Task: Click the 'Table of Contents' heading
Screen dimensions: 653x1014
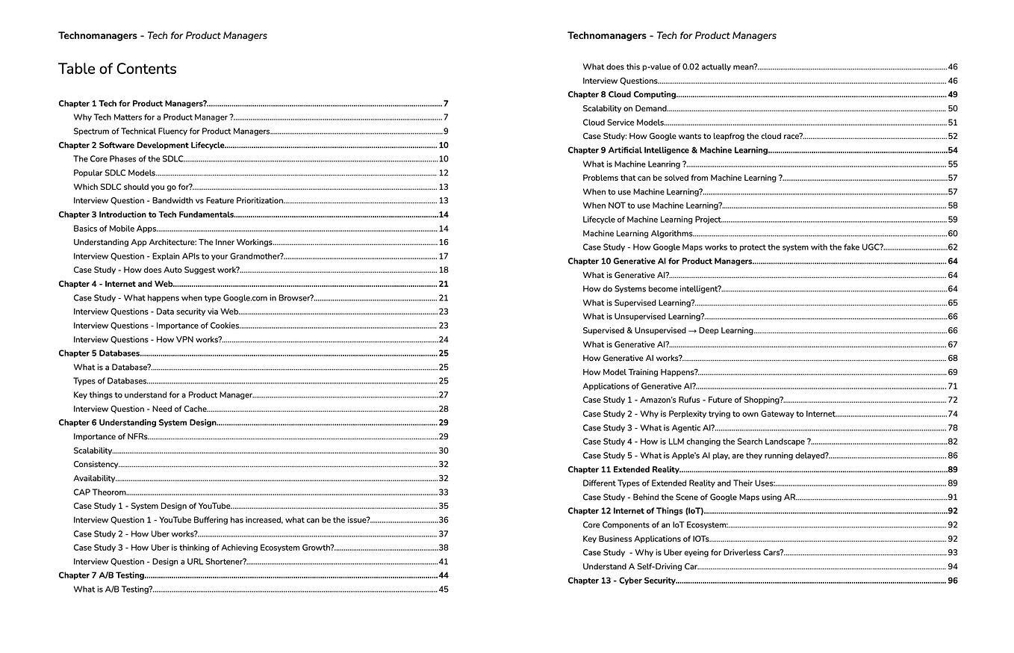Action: (117, 69)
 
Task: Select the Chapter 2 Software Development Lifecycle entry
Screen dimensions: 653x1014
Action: (141, 145)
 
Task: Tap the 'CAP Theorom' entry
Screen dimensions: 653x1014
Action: (100, 492)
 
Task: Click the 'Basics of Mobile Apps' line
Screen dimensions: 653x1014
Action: (114, 229)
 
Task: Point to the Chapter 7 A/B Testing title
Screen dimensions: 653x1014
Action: (102, 575)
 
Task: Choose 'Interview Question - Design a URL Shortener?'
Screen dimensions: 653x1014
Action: (160, 562)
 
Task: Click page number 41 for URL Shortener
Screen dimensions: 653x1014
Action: (443, 562)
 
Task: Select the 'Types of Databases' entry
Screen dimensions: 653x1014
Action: (110, 381)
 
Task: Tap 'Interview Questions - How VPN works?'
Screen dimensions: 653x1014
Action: (147, 339)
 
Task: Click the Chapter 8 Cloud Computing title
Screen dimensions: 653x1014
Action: (621, 95)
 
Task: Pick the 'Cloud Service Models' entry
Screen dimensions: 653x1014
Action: (623, 123)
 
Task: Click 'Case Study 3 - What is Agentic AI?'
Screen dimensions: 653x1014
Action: (648, 428)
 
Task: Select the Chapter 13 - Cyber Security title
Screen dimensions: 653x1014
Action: (621, 581)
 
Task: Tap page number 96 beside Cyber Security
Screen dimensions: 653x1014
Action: (952, 581)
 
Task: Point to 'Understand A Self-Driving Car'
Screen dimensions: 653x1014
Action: (640, 567)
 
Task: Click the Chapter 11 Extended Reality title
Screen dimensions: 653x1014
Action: (623, 470)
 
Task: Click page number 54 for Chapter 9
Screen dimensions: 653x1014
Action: (952, 150)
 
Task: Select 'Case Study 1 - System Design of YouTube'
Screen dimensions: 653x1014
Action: (152, 506)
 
